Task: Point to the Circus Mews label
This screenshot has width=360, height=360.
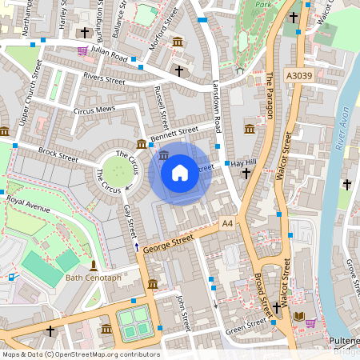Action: (x=94, y=110)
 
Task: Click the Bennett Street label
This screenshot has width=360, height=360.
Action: (x=178, y=130)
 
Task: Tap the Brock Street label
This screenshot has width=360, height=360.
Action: (x=58, y=154)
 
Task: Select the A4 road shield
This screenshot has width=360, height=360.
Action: (x=227, y=222)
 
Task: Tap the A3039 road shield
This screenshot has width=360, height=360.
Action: (x=298, y=76)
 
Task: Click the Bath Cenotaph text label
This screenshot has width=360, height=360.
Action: (x=93, y=278)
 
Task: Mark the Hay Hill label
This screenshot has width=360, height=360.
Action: (x=242, y=162)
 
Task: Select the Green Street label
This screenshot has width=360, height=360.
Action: (x=246, y=324)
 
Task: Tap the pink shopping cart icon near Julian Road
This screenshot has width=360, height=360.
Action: (x=82, y=50)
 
